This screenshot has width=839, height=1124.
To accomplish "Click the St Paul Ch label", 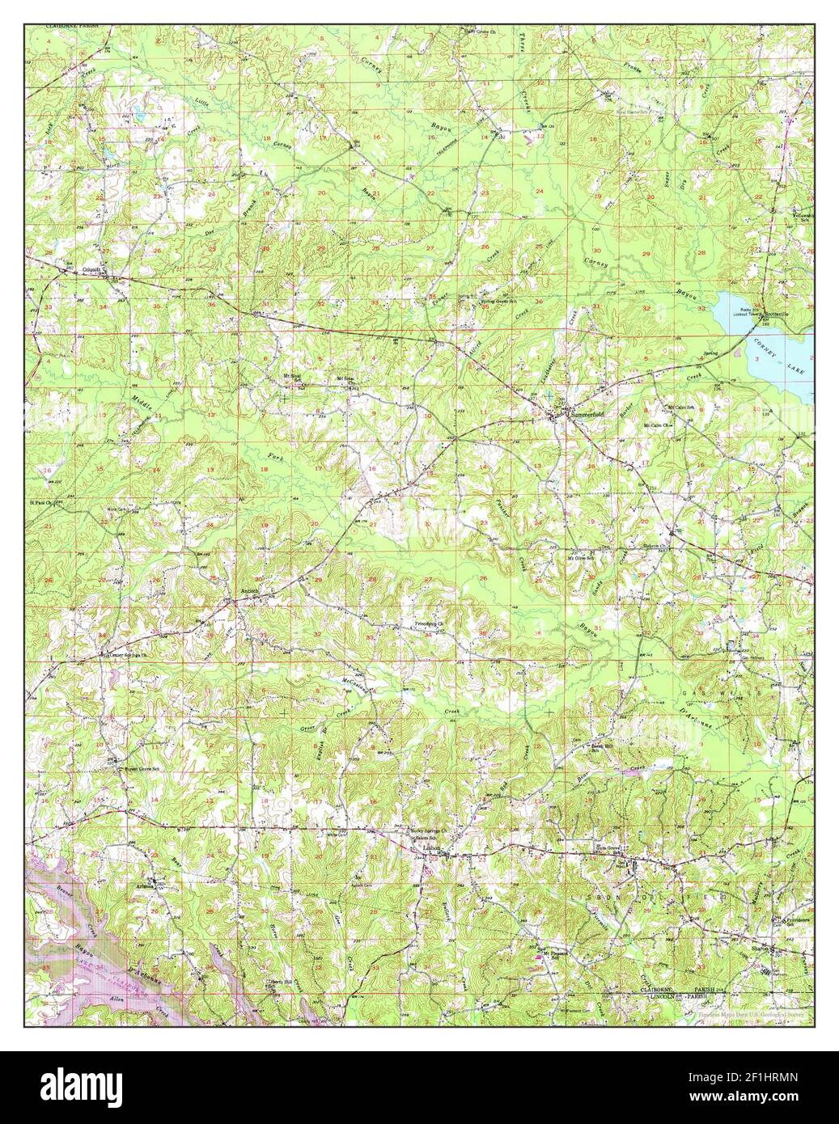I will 42,501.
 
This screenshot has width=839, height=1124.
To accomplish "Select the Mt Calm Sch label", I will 682,408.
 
